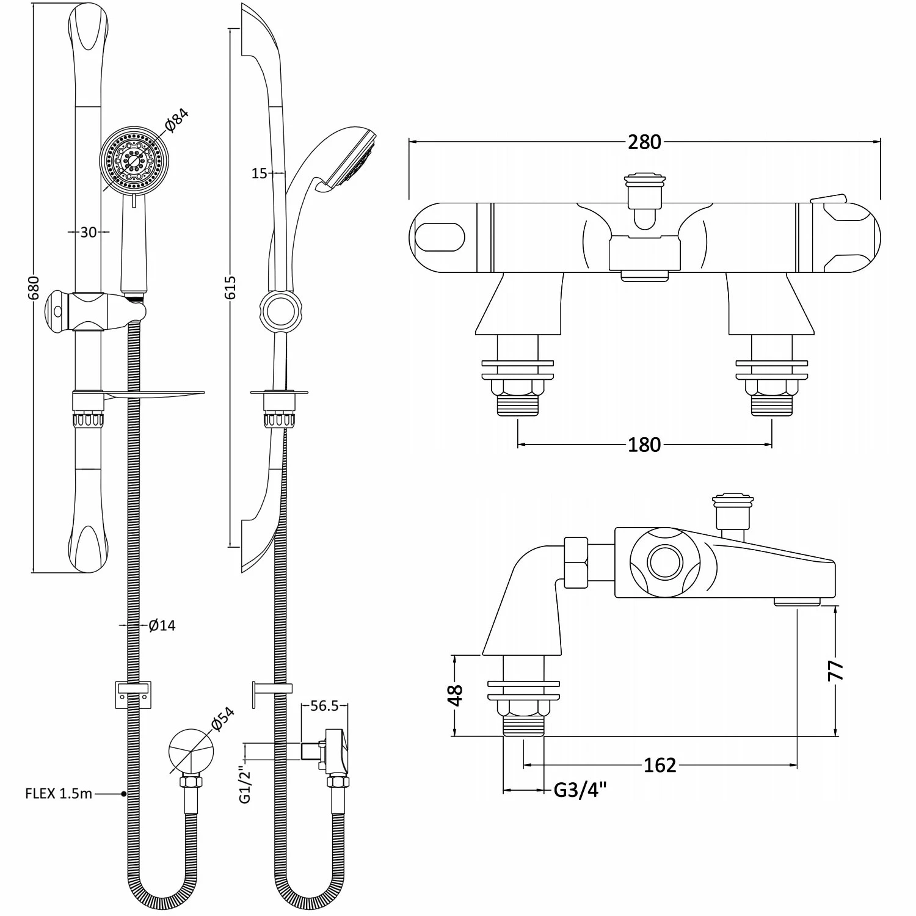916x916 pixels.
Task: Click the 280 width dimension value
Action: tap(644, 142)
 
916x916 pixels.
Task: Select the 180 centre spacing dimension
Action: tap(644, 445)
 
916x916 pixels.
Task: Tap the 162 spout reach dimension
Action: tap(660, 765)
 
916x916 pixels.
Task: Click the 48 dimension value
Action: tap(456, 695)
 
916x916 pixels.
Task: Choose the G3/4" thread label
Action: tap(580, 790)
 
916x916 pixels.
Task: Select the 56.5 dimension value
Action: tap(324, 706)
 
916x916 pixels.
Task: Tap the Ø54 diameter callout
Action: tap(222, 719)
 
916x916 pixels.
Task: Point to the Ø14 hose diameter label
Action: tap(162, 625)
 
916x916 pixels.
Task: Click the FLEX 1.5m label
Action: tap(59, 794)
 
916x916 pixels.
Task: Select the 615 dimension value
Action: tap(230, 287)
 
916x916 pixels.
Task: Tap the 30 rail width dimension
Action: tap(89, 232)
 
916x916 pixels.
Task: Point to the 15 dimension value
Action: tap(260, 173)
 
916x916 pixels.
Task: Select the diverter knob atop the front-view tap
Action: tap(644, 183)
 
